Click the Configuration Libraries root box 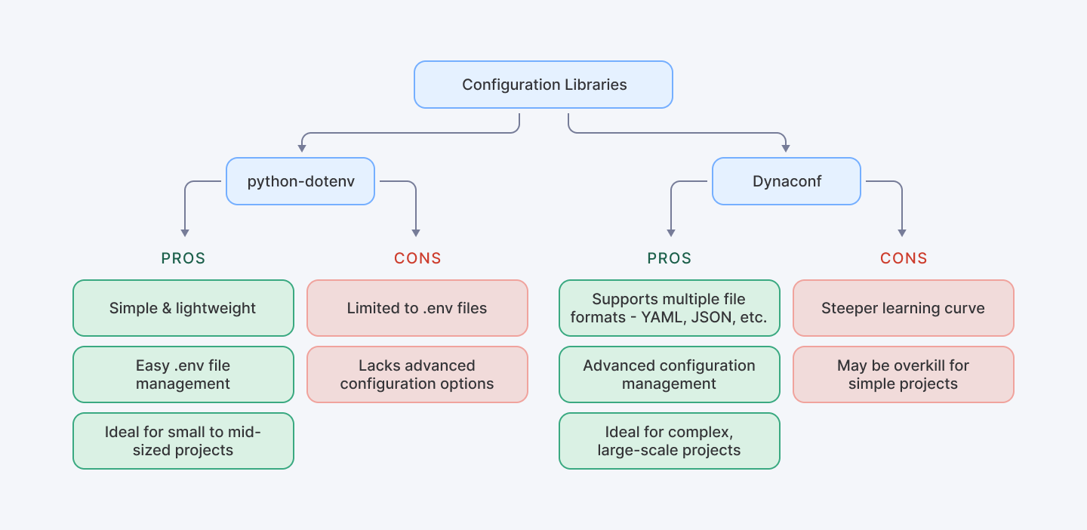coord(543,85)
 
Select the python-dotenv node coord(300,181)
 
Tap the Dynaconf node coord(787,181)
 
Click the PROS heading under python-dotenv coord(183,258)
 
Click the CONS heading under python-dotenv coord(417,258)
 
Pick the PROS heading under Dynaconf coord(670,258)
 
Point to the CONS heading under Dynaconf coord(904,258)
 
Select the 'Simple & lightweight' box coord(183,308)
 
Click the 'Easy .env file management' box coord(183,374)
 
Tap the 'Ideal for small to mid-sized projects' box coord(183,441)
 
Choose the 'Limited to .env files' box coord(417,308)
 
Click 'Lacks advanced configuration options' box coord(417,374)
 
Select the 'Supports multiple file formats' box coord(670,308)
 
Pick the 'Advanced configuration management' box coord(670,374)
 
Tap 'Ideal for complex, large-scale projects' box coord(670,441)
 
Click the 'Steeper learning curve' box coord(904,308)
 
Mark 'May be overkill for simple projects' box coord(904,374)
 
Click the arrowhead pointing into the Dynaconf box coord(787,147)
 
